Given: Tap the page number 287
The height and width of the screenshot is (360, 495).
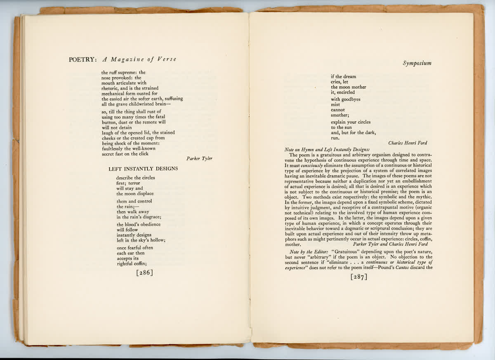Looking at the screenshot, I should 358,277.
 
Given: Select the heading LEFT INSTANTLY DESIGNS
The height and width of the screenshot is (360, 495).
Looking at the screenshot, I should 143,169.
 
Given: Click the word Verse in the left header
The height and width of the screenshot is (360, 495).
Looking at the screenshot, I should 167,59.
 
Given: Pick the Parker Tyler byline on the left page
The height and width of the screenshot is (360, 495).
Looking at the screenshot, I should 199,159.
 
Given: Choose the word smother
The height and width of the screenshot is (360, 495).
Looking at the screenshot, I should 339,115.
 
